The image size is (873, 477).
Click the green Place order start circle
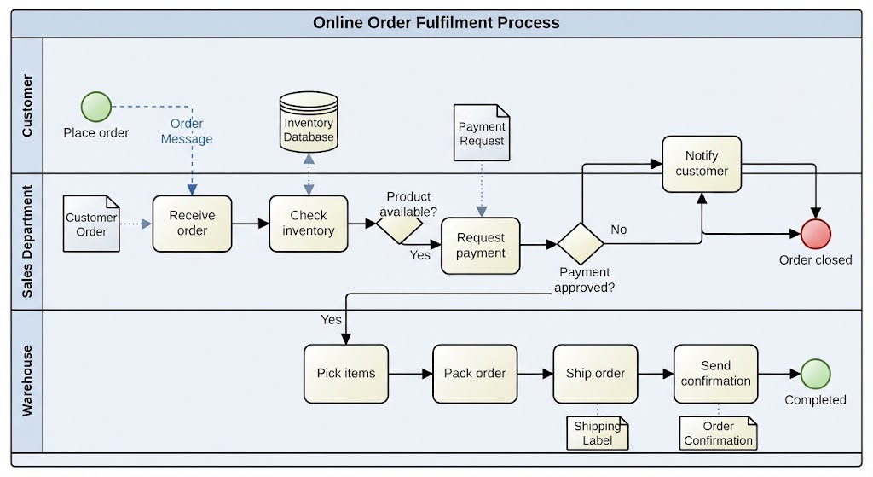[96, 107]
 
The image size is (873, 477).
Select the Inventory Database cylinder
[309, 122]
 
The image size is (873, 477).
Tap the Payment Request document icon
[482, 132]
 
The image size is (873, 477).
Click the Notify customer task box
[702, 164]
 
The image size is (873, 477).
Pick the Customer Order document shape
[91, 224]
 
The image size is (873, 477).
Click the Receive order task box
[192, 224]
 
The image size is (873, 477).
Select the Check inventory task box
[309, 224]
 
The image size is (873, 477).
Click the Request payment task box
[481, 246]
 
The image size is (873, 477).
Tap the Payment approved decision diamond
[581, 244]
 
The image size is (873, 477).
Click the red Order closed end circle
[816, 234]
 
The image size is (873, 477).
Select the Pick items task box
[346, 374]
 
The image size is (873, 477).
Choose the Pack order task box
[475, 374]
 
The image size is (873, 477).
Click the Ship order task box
[595, 374]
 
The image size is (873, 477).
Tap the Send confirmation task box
[716, 374]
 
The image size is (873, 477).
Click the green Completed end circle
[816, 374]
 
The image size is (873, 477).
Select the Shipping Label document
[598, 433]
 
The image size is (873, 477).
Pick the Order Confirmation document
[718, 433]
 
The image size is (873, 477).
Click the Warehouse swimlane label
[26, 381]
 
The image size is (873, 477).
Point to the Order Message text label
[187, 131]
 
